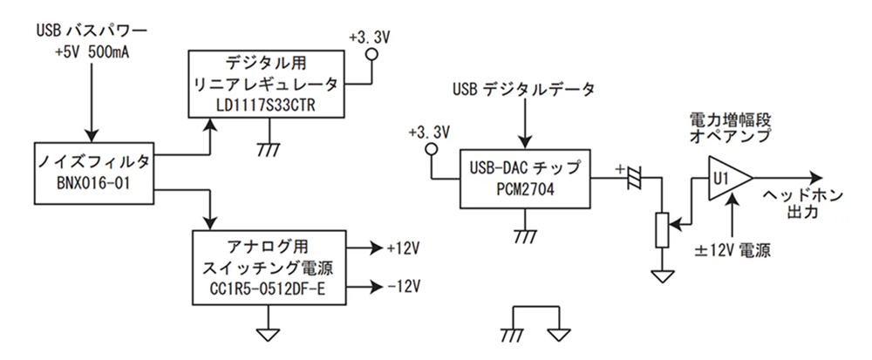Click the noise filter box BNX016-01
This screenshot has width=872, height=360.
[92, 170]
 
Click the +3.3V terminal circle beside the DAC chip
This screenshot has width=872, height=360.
[429, 150]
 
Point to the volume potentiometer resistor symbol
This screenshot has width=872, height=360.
[664, 230]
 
